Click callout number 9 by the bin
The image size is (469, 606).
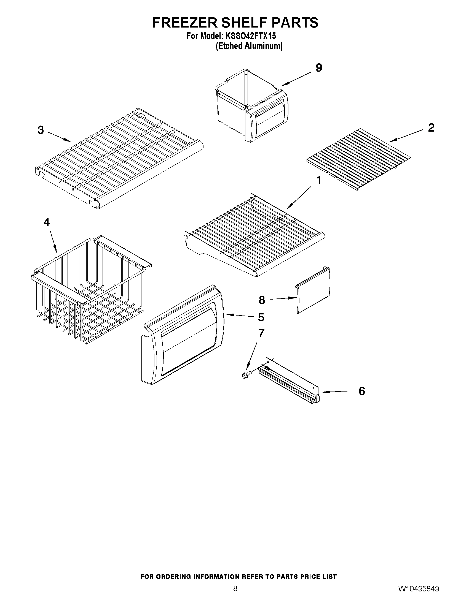coord(319,67)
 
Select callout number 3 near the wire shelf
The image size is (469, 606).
coord(41,130)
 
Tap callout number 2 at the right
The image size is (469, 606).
coord(431,128)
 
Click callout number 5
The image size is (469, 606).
coord(261,317)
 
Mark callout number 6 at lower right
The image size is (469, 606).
coord(361,391)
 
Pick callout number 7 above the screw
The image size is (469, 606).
coord(261,333)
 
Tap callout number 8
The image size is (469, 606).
coord(262,300)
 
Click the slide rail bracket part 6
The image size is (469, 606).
coord(289,380)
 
